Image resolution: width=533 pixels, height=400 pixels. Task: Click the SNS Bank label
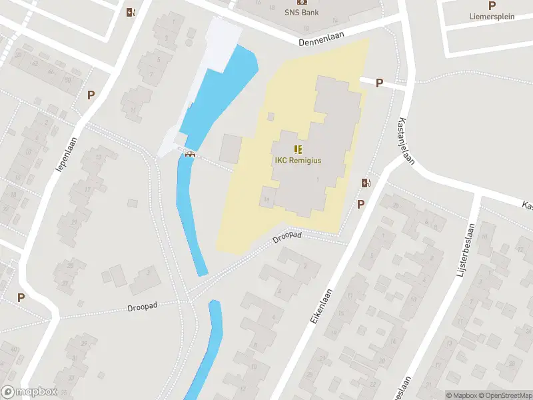point(302,12)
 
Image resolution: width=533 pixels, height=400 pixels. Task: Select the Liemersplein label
point(491,17)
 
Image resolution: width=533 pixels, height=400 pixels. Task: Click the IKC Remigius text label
point(298,161)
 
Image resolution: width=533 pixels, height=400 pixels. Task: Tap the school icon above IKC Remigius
point(298,149)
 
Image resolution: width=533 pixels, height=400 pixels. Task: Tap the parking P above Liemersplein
point(492,5)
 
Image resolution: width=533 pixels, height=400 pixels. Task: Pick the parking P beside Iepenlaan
point(91,95)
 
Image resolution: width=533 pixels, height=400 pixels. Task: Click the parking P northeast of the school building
point(379,83)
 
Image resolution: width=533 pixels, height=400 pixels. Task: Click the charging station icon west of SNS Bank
point(131,11)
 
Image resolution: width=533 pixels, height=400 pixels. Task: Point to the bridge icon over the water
point(190,155)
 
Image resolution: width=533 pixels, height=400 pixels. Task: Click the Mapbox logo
point(29,392)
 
